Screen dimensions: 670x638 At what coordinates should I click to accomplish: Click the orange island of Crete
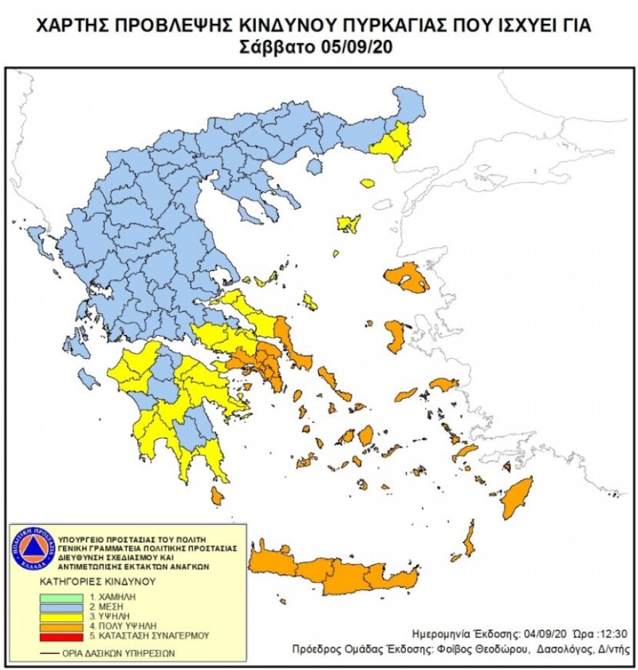tap(333, 573)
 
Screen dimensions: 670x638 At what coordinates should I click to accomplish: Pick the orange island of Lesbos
tap(407, 278)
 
